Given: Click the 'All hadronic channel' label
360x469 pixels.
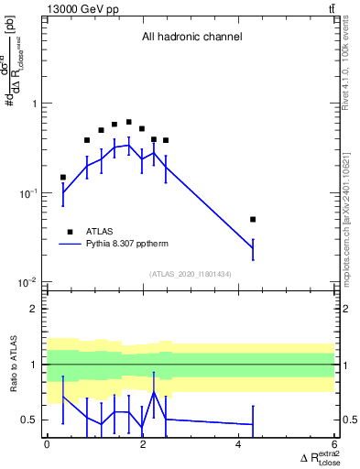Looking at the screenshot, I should point(191,38).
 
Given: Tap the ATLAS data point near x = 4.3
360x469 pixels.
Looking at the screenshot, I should point(253,220).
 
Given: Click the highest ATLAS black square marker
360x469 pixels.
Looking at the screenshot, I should point(129,122).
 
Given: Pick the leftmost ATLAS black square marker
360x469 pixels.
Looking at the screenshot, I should point(63,178).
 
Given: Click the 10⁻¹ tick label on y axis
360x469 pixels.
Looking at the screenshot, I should point(29,193).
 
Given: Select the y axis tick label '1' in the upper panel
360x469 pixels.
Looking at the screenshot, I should point(36,104).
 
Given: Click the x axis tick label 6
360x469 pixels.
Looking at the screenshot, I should point(335,445).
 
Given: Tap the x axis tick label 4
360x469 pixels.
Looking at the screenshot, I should point(239,445).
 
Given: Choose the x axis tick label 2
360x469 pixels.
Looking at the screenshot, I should point(143,445).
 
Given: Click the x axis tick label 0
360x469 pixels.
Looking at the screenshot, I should point(47,445).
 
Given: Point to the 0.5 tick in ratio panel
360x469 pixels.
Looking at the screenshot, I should point(32,420).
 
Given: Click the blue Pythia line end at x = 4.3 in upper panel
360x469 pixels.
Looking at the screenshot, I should point(253,248).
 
